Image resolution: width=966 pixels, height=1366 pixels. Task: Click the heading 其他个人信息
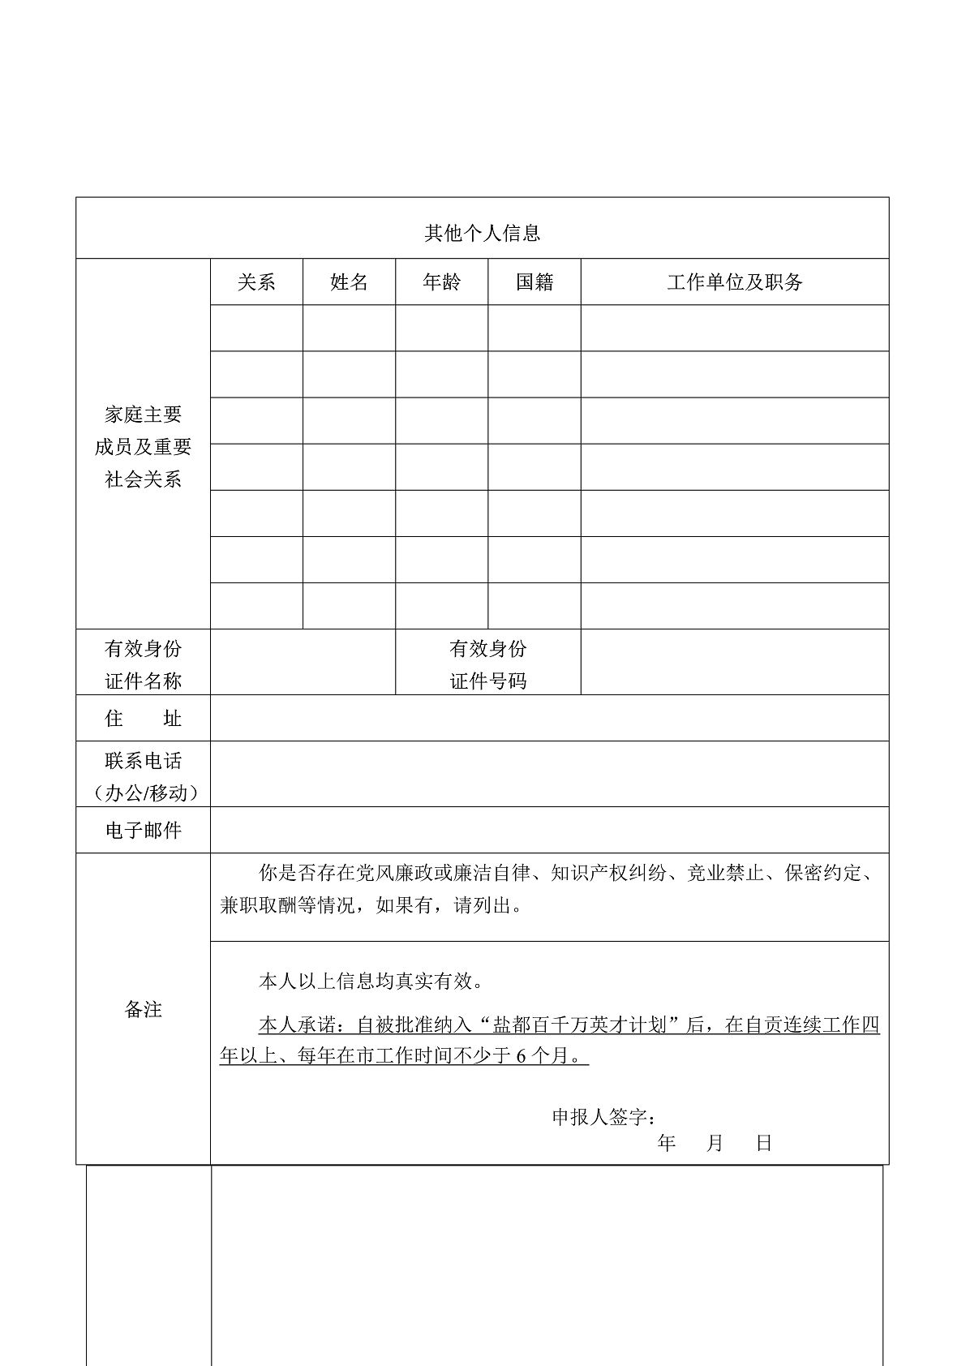coord(483,234)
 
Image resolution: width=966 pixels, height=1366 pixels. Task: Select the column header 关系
coord(256,282)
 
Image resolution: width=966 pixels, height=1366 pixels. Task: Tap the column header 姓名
coord(349,282)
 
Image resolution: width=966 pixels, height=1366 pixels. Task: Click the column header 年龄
coord(441,282)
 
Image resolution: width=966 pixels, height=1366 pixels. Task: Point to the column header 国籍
coord(535,282)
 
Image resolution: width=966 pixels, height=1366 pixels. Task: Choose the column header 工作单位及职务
coord(734,282)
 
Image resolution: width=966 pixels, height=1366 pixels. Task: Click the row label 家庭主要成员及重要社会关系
coord(143,447)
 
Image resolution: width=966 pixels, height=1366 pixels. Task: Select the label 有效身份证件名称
coord(143,664)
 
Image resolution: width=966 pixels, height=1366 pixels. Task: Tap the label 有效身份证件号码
coord(487,664)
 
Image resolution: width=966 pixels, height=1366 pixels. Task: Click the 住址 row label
coord(143,719)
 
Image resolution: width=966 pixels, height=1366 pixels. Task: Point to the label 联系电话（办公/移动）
coord(143,776)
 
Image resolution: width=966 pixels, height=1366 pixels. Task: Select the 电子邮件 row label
coord(143,831)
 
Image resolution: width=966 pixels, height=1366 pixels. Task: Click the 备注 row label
coord(143,1009)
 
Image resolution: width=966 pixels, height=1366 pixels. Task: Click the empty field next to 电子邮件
coord(549,831)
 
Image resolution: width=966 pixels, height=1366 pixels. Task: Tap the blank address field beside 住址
coord(549,719)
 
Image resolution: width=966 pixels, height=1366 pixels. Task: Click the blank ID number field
coord(734,663)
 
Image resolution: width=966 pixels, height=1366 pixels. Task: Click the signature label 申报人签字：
coord(604,1117)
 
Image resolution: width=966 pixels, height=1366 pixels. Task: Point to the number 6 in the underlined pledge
coord(521,1056)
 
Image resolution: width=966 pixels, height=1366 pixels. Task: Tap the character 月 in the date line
coord(715,1144)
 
